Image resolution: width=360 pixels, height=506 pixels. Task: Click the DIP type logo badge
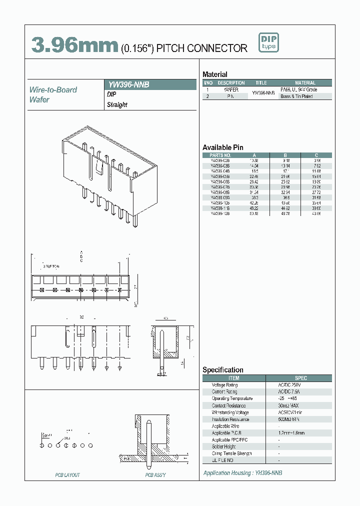(x=268, y=42)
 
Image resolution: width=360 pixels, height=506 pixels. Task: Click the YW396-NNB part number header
(x=129, y=85)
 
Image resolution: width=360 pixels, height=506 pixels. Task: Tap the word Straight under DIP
(x=117, y=105)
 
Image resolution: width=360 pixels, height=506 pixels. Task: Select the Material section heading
(x=215, y=74)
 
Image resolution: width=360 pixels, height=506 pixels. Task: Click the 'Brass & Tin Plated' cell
(x=296, y=96)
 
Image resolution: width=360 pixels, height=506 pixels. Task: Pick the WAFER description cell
(x=231, y=89)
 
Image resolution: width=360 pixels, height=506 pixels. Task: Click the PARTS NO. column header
(x=220, y=155)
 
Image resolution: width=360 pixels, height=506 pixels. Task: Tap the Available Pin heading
(x=222, y=147)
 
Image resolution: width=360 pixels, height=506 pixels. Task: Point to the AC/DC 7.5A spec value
(x=288, y=392)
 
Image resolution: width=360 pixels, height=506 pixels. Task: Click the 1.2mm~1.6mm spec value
(x=291, y=433)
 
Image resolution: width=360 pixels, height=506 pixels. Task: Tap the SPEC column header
(x=301, y=378)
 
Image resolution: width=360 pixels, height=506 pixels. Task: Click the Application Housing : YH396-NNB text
(x=242, y=472)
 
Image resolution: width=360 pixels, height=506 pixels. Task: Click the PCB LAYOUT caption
(x=67, y=475)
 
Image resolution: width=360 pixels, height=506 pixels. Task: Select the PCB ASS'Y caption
(x=155, y=475)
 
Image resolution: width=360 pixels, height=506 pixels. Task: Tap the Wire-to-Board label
(x=53, y=90)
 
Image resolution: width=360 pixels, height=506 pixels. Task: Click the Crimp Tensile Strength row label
(x=231, y=453)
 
